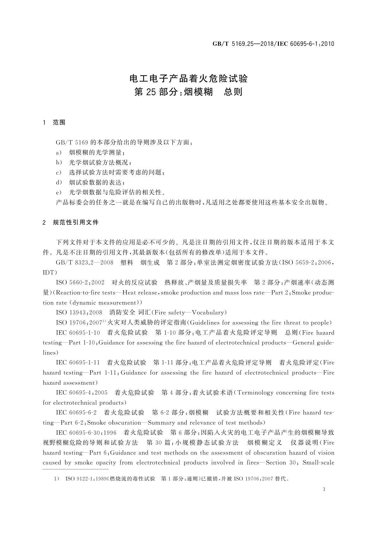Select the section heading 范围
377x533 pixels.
[x=59, y=122]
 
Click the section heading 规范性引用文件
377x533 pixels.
[x=76, y=223]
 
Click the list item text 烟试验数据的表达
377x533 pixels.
[x=97, y=182]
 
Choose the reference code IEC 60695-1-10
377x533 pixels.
[x=78, y=332]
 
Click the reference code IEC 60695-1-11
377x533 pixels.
[x=78, y=362]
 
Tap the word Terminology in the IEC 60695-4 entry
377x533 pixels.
[x=255, y=392]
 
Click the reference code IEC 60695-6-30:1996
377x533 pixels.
[x=86, y=432]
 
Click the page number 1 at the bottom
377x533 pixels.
[x=324, y=489]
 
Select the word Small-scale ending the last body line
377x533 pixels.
[x=318, y=462]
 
